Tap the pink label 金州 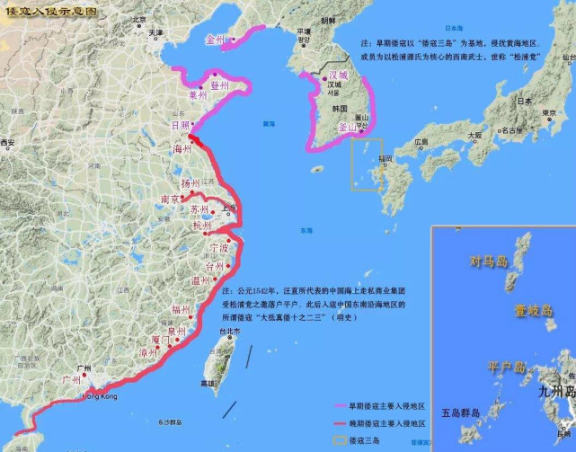click(217, 39)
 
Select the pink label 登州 click(219, 85)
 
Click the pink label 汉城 click(337, 75)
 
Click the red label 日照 click(180, 126)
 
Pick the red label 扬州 click(190, 183)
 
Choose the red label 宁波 click(219, 246)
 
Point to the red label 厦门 click(161, 340)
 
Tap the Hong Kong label click(100, 396)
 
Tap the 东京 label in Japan click(546, 112)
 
